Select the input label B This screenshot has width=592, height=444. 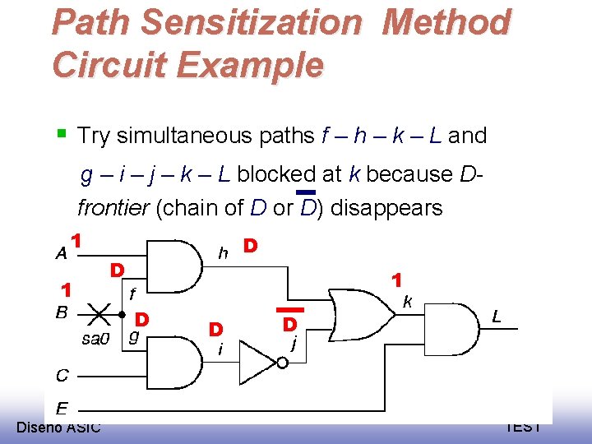[x=61, y=312]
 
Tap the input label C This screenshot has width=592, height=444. [x=62, y=376]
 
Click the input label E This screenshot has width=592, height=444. [x=62, y=407]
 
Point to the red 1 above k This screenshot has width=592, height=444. [x=396, y=280]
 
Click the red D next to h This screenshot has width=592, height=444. [x=252, y=246]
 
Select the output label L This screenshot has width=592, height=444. [x=497, y=316]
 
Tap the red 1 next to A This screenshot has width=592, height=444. [x=76, y=241]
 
